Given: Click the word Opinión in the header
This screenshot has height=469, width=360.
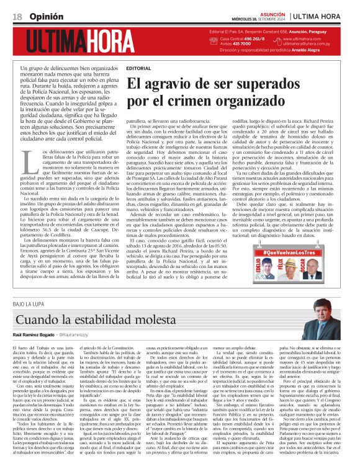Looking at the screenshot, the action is click(45, 15).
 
